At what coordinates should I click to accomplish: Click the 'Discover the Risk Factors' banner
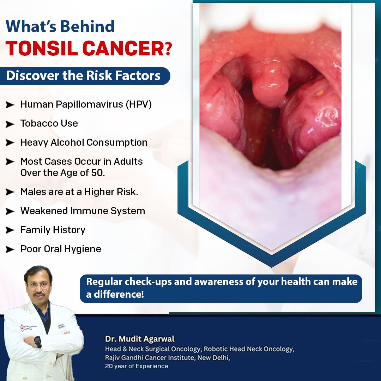coord(85,75)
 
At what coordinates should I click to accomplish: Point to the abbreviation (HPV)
coord(139,104)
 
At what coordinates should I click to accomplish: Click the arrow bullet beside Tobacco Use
coord(10,124)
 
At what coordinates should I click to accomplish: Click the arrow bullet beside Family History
coord(10,230)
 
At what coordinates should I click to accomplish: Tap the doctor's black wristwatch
coord(37,341)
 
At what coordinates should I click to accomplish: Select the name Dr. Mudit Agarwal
coord(140,339)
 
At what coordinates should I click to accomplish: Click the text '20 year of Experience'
coord(137,366)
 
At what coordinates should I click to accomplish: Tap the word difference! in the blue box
coord(119,295)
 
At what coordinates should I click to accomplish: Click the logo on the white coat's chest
coord(29,327)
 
